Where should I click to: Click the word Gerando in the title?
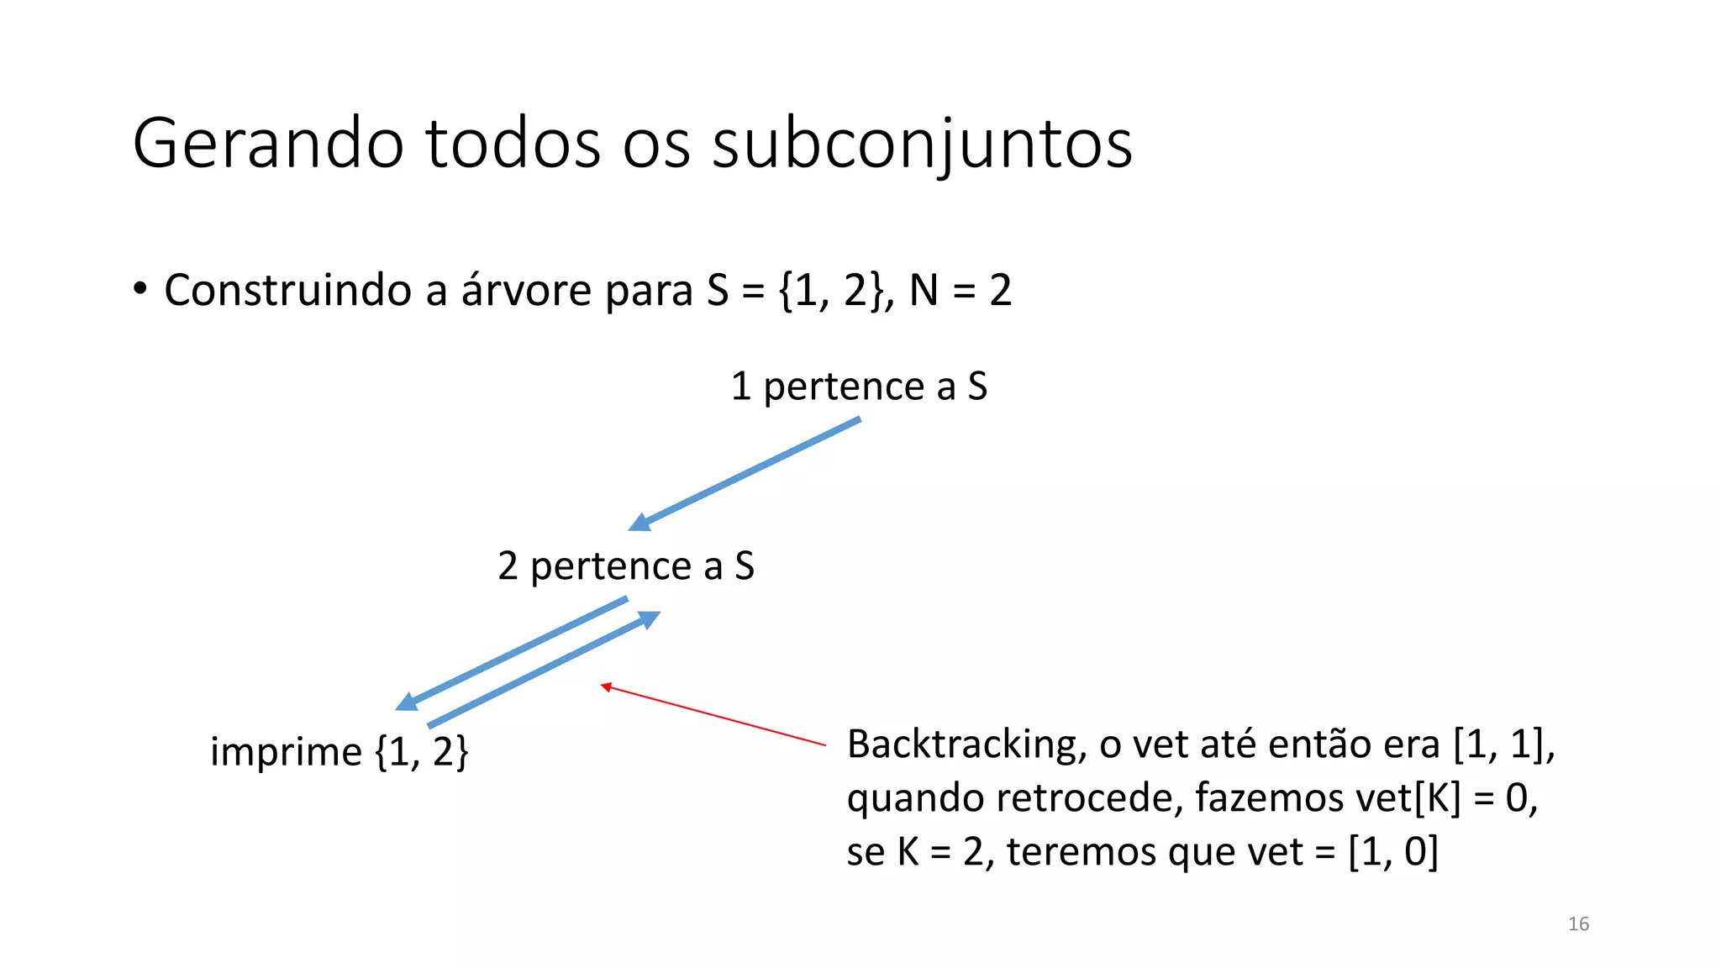click(x=268, y=144)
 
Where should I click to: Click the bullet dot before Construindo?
click(x=140, y=288)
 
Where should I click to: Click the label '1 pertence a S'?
click(x=859, y=387)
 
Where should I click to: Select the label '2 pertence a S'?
click(x=626, y=566)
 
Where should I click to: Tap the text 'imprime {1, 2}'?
click(x=339, y=751)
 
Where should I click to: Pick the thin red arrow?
click(x=714, y=716)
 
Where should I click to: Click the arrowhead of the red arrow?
click(x=605, y=687)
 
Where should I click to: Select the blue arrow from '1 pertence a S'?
click(x=748, y=473)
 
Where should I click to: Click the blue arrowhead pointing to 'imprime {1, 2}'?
click(x=407, y=702)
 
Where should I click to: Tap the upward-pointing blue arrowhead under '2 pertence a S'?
click(x=649, y=619)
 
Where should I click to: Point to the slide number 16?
click(x=1578, y=924)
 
